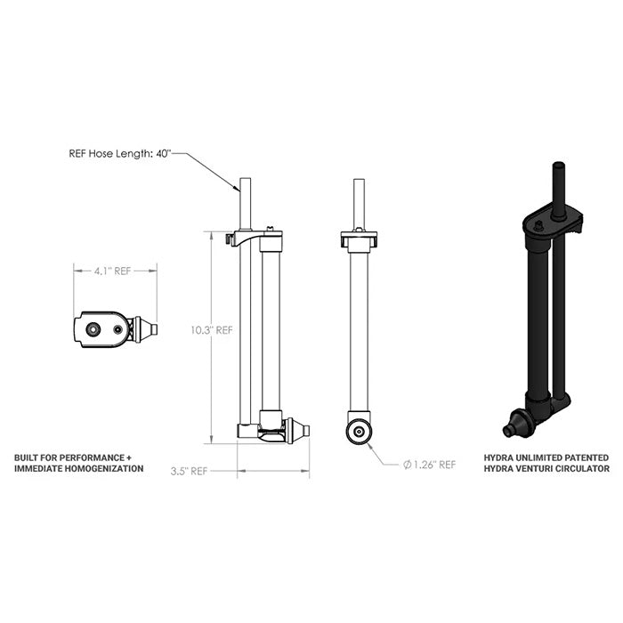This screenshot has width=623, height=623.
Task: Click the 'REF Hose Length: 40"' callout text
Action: point(120,153)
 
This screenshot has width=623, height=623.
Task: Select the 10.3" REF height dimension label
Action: point(211,329)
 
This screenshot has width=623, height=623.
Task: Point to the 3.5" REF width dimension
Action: point(189,471)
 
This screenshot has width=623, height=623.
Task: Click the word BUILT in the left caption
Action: point(28,457)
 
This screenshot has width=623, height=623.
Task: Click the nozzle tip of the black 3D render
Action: point(508,432)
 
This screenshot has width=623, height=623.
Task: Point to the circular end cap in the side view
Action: point(359,432)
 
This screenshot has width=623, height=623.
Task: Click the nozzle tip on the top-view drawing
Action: point(154,329)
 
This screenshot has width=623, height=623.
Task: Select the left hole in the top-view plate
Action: point(93,328)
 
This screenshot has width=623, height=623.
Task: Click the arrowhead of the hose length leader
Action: point(238,189)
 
